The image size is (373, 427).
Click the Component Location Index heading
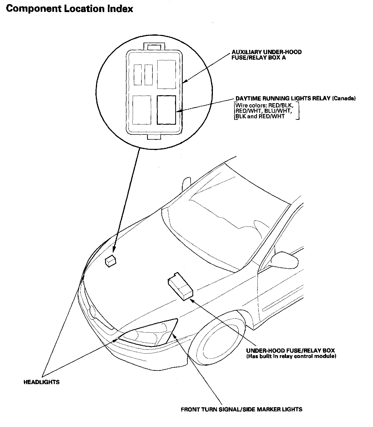point(69,9)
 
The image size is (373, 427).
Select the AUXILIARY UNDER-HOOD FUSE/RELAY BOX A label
point(266,55)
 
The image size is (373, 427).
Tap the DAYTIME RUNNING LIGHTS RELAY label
point(283,99)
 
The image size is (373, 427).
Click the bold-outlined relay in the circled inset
point(166,110)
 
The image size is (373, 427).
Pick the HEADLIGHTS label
point(42,382)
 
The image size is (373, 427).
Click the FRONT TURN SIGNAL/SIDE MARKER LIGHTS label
point(241,409)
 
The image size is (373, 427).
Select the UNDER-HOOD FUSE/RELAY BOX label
point(290,351)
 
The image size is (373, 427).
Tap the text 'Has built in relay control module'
point(291,356)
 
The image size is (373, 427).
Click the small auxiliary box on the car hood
point(110,261)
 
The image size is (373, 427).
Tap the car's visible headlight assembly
point(149,332)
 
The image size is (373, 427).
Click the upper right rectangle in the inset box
point(166,74)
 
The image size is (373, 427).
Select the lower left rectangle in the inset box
point(142,110)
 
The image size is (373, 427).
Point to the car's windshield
point(225,221)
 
